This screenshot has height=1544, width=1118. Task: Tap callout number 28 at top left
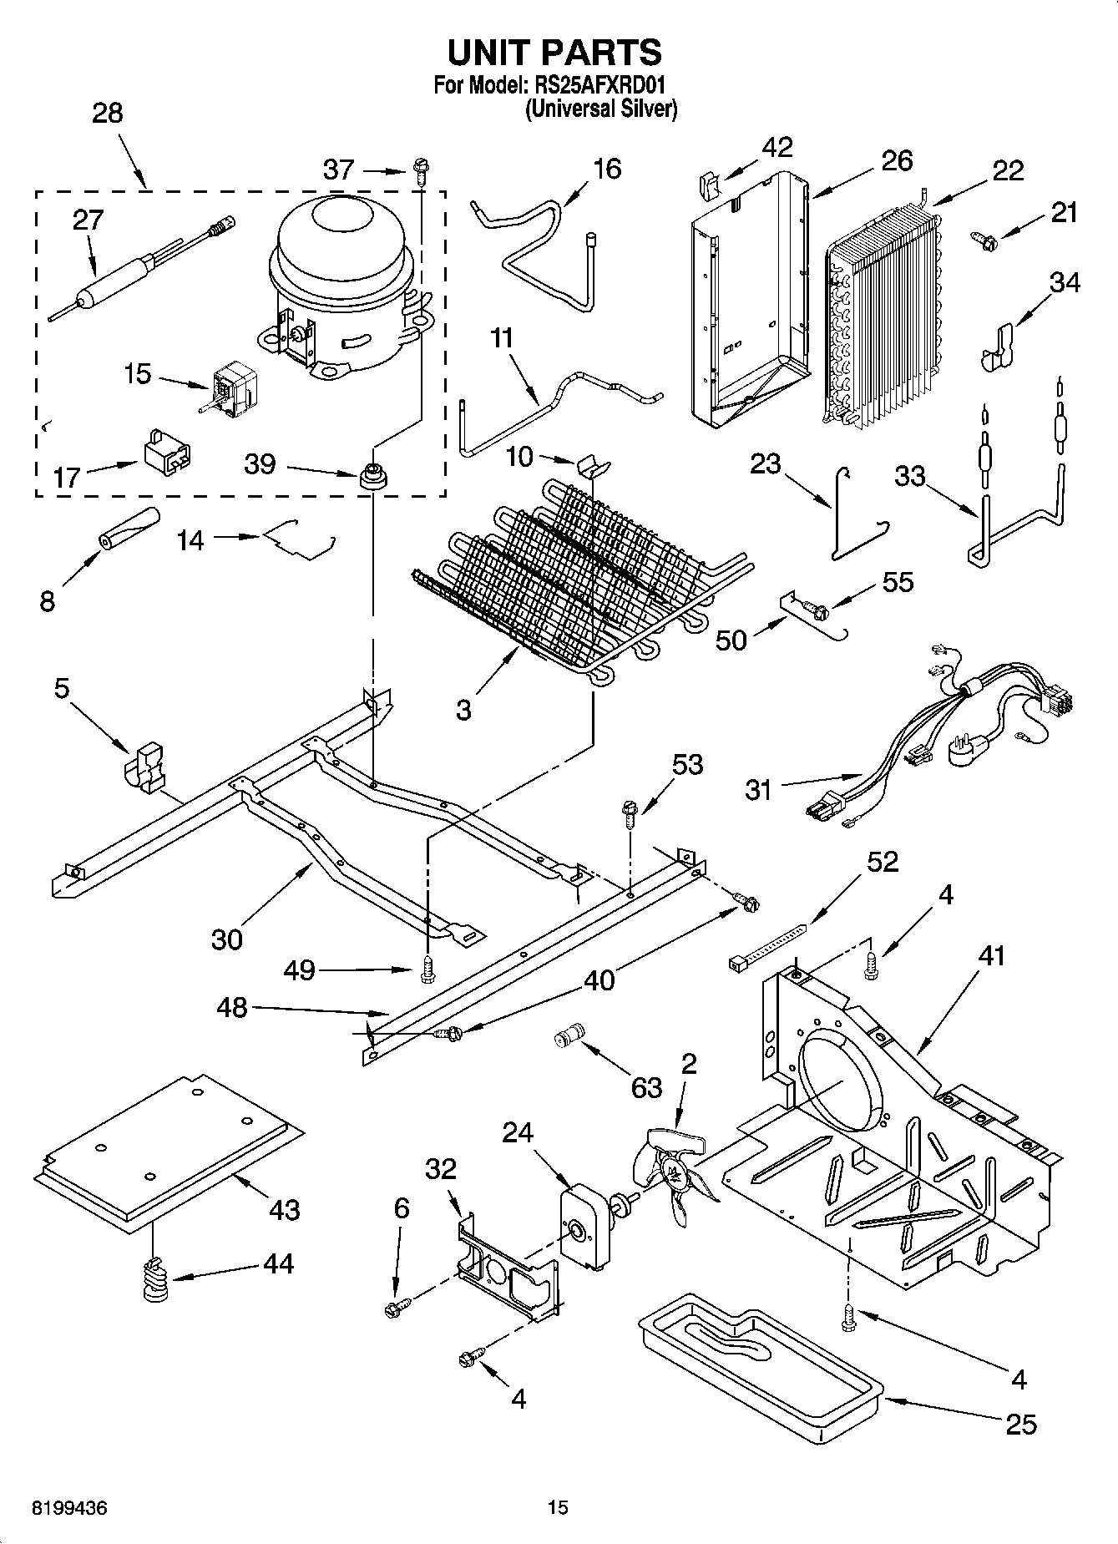point(107,114)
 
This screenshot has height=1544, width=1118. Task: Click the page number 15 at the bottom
point(558,1508)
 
